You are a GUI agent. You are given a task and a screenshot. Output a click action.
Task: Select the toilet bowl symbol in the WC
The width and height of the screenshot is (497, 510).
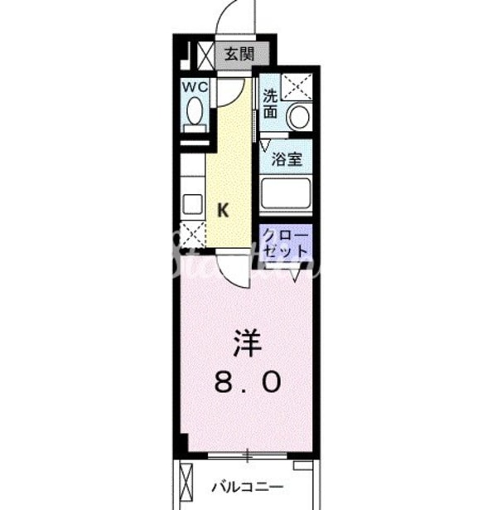pyautogui.click(x=194, y=112)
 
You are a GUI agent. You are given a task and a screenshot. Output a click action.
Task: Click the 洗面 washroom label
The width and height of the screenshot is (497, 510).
pyautogui.click(x=271, y=104)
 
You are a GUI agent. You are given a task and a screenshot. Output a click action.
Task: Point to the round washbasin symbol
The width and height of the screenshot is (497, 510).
pyautogui.click(x=298, y=118)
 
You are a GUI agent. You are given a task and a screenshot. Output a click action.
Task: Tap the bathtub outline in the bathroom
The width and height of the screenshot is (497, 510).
pyautogui.click(x=286, y=196)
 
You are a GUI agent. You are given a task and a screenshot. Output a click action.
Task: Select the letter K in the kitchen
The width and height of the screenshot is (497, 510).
pyautogui.click(x=223, y=211)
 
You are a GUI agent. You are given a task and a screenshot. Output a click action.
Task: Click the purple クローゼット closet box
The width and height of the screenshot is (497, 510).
pyautogui.click(x=286, y=242)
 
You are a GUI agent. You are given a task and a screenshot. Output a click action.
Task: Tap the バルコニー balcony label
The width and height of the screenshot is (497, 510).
pyautogui.click(x=246, y=487)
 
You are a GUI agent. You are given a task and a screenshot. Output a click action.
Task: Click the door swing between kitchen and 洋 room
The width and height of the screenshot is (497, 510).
pyautogui.click(x=234, y=270)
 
